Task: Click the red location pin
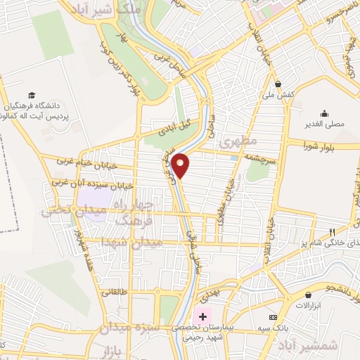tap(181, 165)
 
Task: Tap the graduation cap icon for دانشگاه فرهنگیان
tap(31, 95)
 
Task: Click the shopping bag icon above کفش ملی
tap(279, 82)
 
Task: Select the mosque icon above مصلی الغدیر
tap(324, 113)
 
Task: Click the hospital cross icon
tap(203, 316)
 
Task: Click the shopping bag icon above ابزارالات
tap(307, 296)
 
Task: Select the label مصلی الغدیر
tap(324, 124)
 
